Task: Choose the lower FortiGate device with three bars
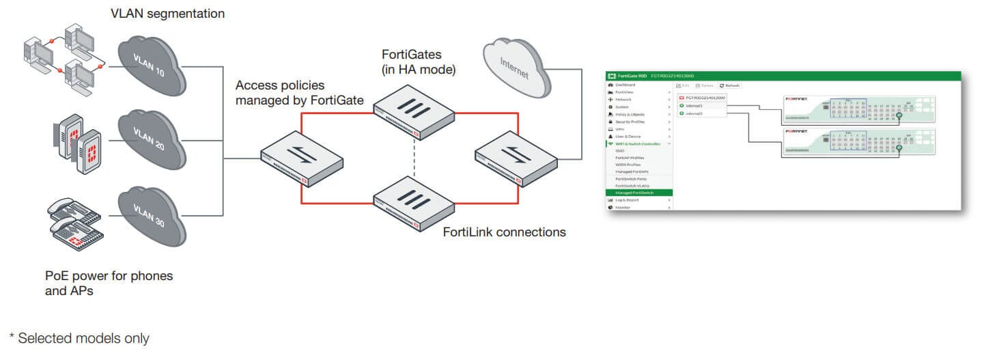pyautogui.click(x=413, y=197)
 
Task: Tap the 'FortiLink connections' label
pyautogui.click(x=504, y=232)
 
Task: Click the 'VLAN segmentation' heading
pyautogui.click(x=167, y=13)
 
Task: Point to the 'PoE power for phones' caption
pyautogui.click(x=109, y=276)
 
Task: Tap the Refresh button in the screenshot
pyautogui.click(x=730, y=85)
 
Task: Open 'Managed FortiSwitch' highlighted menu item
pyautogui.click(x=634, y=193)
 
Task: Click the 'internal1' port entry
pyautogui.click(x=694, y=106)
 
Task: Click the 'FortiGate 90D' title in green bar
pyautogui.click(x=632, y=76)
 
